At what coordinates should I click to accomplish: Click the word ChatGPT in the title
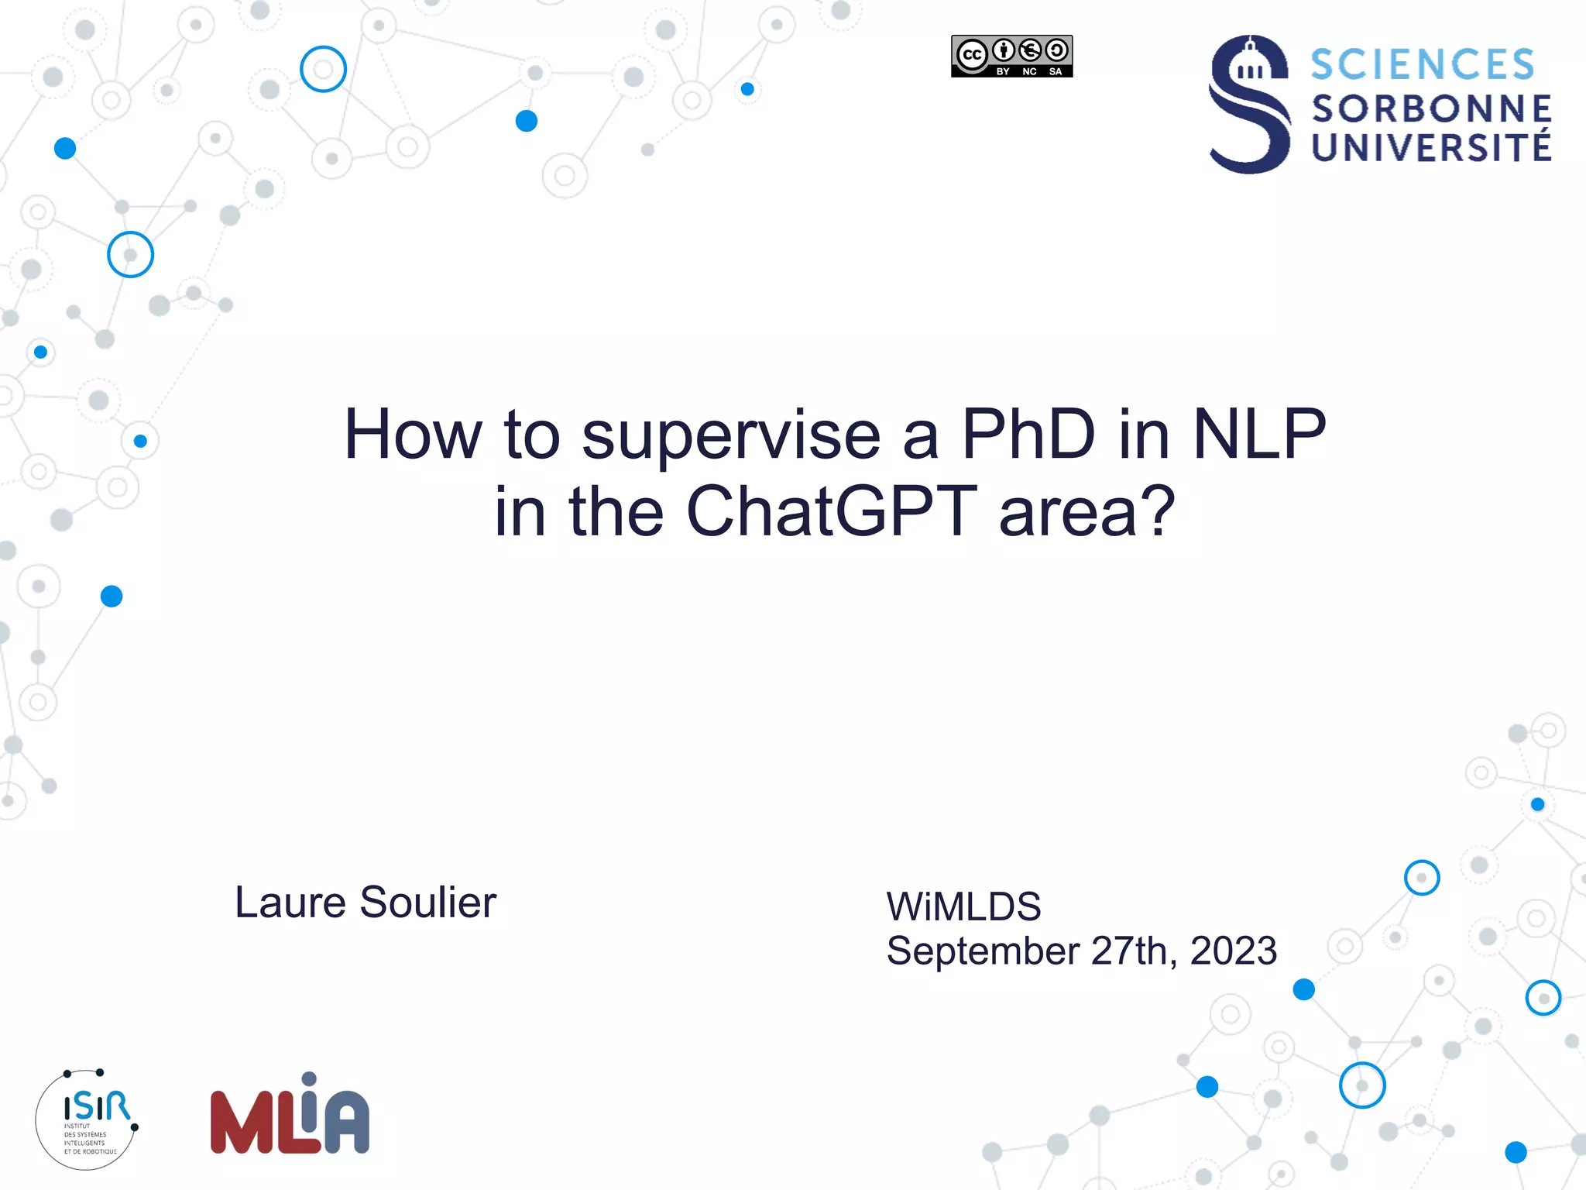831,511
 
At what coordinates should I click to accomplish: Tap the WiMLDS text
963,906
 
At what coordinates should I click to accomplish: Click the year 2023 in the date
1233,951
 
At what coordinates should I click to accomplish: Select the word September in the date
983,952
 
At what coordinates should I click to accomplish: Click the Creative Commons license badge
1011,56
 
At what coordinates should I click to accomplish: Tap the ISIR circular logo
87,1119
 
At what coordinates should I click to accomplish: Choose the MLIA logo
290,1116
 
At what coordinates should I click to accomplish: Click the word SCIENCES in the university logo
1422,64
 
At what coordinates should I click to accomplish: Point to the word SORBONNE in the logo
1431,109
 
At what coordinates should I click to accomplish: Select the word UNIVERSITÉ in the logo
1431,147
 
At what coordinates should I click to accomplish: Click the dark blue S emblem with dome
1249,104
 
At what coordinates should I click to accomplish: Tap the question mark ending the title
1159,511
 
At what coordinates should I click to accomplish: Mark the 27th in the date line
1135,951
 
